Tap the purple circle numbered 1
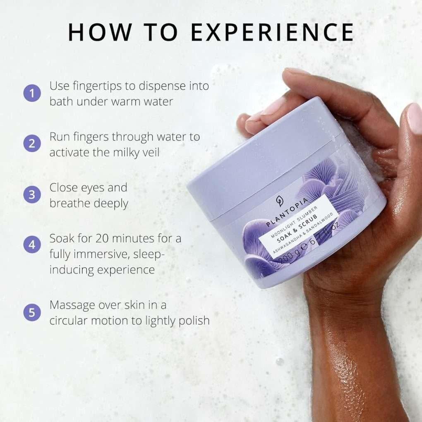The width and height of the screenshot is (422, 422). (x=32, y=93)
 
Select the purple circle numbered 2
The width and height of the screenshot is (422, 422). (x=32, y=144)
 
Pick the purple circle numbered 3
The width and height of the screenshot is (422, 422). (x=32, y=194)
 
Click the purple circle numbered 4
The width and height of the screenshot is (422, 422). (x=32, y=245)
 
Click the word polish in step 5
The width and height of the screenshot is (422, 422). (x=193, y=321)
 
